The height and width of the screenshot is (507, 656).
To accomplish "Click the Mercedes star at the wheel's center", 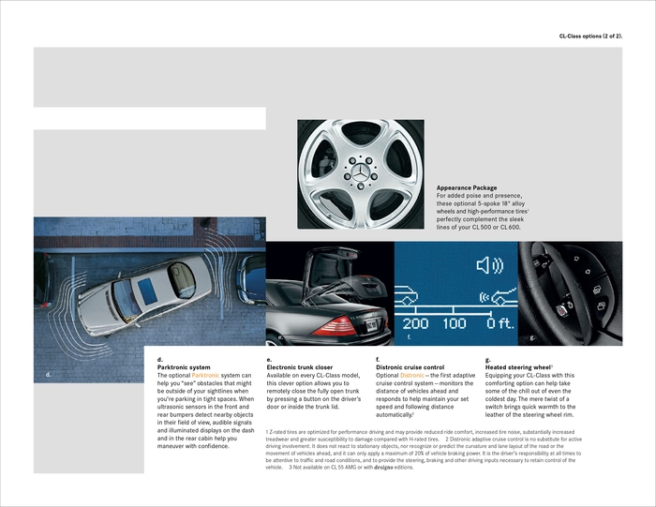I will point(360,174).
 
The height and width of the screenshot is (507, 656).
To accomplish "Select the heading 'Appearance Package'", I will point(467,187).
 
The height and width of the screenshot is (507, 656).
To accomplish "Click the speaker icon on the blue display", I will point(489,266).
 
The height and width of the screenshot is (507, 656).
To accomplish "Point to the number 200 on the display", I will point(415,323).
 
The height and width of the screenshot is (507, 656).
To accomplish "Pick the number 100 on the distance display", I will point(455,323).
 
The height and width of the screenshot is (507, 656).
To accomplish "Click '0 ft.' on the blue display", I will point(499,323).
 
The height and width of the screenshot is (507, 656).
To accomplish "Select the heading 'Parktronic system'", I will point(184,367).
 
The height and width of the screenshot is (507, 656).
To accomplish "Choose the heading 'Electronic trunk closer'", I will point(299,367).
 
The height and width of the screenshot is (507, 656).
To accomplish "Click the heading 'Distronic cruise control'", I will point(410,367).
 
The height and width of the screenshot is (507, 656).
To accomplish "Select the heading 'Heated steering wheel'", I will point(518,367).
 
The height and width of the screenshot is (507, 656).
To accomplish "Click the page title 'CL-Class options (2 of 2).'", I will point(590,36).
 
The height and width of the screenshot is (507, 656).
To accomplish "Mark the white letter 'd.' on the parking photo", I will point(48,375).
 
